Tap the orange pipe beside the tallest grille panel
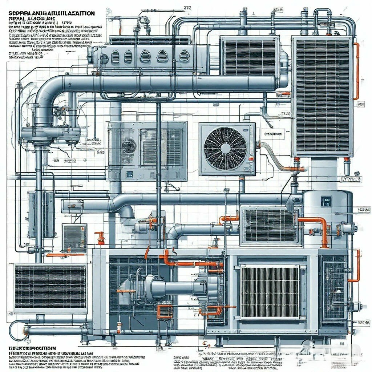point(357,71)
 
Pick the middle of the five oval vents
point(145,56)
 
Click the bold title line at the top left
point(51,13)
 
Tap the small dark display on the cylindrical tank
point(326,201)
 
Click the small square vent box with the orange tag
point(74,238)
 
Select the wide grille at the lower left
point(50,287)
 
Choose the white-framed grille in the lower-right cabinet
point(270,292)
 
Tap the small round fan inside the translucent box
point(129,146)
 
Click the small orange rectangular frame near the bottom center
point(165,312)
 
